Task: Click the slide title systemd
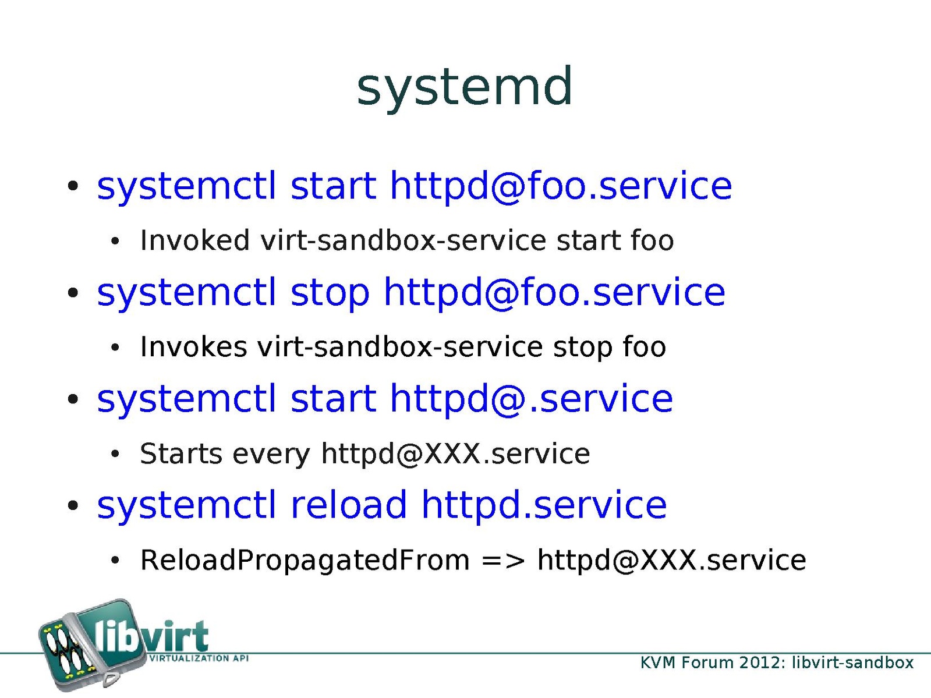coord(465,88)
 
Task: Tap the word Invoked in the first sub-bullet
coord(194,240)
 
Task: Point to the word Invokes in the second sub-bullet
coord(193,347)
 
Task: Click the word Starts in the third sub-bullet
coord(181,453)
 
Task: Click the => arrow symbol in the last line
coord(504,561)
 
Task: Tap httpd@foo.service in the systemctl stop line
coord(554,293)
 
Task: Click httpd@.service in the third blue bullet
coord(532,399)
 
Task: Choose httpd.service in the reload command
coord(544,505)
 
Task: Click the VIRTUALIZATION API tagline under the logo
coord(198,658)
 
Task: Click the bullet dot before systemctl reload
coord(73,505)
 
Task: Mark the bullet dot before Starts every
coord(115,455)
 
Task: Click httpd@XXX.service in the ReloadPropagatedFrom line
coord(671,561)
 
